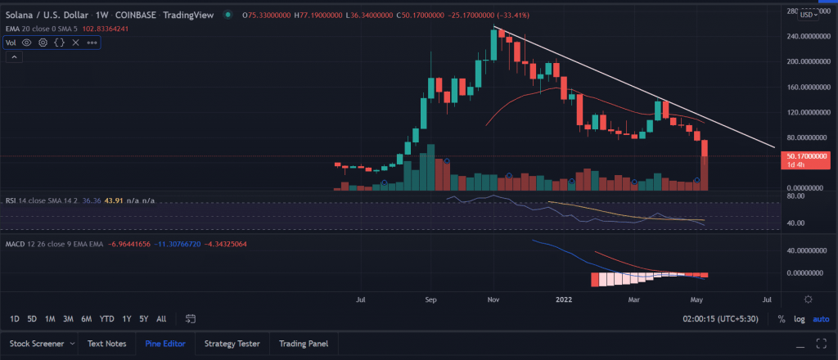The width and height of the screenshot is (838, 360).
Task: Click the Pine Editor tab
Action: (165, 344)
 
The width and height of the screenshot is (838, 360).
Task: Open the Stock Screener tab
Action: (37, 344)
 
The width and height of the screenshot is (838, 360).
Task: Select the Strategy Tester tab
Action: (232, 344)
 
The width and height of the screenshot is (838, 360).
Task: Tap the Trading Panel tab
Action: (304, 344)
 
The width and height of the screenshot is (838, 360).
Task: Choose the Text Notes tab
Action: (107, 344)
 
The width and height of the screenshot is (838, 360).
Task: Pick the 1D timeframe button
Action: (15, 319)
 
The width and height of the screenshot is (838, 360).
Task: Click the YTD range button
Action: (107, 319)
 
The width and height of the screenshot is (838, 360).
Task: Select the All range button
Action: (161, 319)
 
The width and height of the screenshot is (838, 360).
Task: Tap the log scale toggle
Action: (799, 319)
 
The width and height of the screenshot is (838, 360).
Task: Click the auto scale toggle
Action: (821, 319)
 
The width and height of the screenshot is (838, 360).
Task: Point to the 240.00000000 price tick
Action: (805, 36)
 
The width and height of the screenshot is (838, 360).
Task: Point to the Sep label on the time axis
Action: (430, 299)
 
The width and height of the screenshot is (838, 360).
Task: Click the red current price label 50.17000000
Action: (805, 157)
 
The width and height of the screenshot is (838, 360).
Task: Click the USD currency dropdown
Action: (808, 15)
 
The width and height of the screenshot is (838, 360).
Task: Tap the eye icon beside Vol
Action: (27, 43)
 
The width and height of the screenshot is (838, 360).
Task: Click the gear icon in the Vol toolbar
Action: (43, 43)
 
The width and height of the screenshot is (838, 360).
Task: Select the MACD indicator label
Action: (14, 244)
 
